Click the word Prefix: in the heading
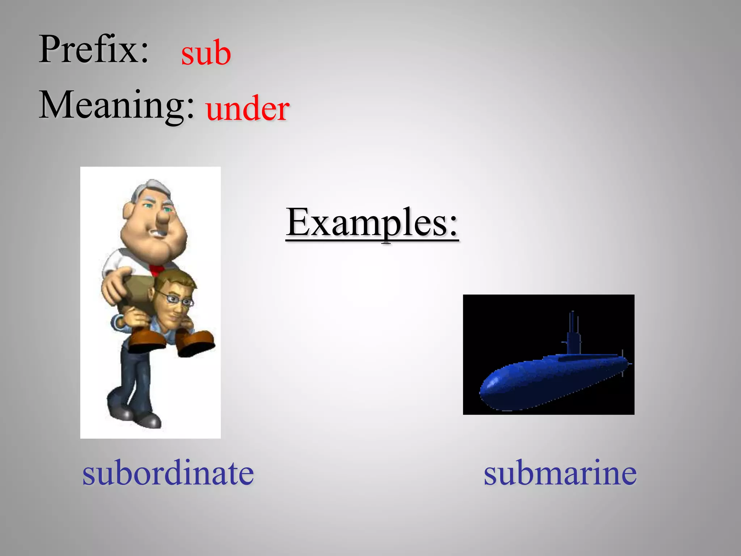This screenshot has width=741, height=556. [x=94, y=50]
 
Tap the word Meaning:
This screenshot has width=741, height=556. [x=117, y=105]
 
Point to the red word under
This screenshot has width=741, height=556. [x=247, y=109]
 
